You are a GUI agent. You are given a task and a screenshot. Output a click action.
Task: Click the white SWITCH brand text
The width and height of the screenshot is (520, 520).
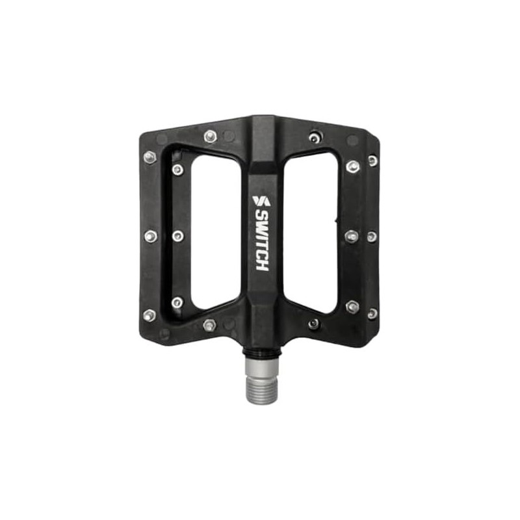[x=262, y=241]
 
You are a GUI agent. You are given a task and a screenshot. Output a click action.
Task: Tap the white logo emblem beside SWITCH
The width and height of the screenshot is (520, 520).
[x=262, y=201]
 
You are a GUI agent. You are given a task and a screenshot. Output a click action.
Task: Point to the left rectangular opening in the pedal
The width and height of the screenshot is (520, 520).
[x=216, y=232]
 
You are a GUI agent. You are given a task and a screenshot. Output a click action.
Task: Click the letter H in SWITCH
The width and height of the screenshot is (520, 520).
[x=262, y=266]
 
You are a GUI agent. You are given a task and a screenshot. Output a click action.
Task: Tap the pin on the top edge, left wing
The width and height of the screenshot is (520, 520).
[x=210, y=136]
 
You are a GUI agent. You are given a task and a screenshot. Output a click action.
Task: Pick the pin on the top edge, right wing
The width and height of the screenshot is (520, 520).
[x=315, y=137]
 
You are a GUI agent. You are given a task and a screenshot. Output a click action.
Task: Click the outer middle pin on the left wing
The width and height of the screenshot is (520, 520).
[x=151, y=236]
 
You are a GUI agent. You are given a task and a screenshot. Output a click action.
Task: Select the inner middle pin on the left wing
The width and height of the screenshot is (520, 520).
[x=178, y=236]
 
